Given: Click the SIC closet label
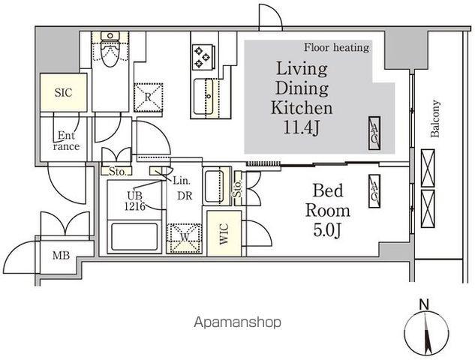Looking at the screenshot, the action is (64, 93).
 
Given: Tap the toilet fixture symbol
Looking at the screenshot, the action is (110, 49).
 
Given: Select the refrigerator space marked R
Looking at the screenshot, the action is (148, 97).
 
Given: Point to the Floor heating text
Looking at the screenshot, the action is (337, 47).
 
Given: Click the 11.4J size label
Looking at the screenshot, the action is (301, 127).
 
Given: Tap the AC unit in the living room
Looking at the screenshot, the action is (374, 133).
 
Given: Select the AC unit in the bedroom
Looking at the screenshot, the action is (374, 191).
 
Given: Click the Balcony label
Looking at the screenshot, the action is (435, 119).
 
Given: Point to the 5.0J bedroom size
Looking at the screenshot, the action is (327, 230).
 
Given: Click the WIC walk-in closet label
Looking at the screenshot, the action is (224, 234).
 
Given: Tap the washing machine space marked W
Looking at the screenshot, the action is (184, 238).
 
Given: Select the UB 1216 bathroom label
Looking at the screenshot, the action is (134, 201).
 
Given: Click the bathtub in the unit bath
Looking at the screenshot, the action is (134, 237).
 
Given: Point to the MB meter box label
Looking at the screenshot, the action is (62, 256).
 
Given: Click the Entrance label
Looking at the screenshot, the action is (66, 141).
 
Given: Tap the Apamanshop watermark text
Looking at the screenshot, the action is (237, 322).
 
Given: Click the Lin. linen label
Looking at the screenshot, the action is (182, 181).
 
